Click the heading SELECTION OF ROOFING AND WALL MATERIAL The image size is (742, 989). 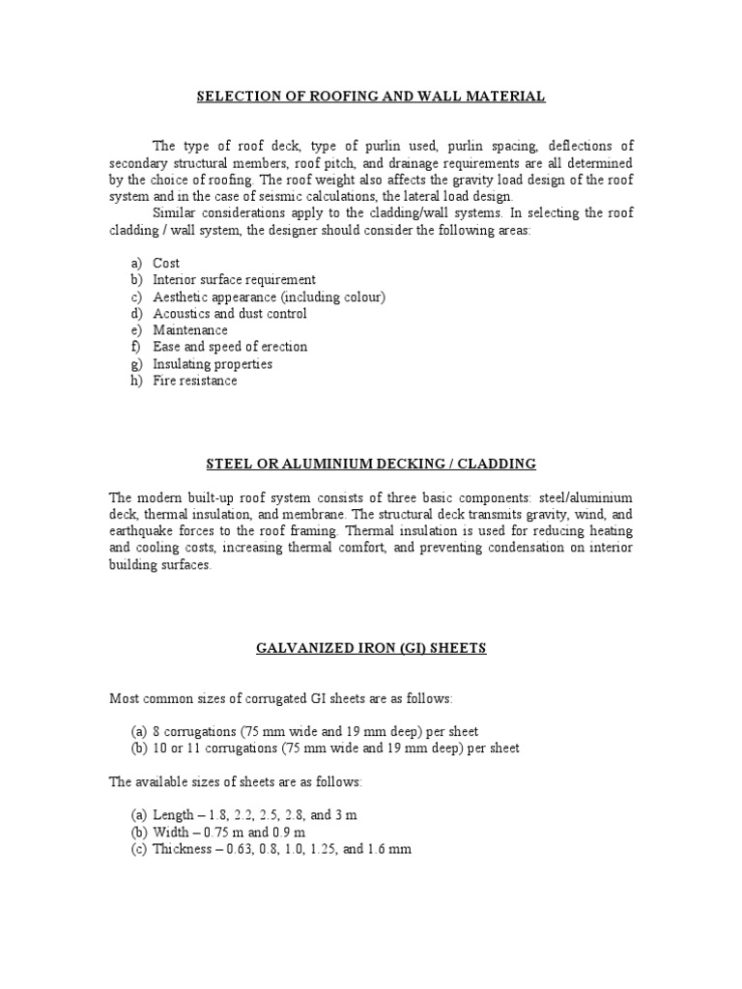[371, 97]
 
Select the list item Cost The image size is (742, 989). [166, 263]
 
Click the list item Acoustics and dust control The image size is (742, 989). [230, 314]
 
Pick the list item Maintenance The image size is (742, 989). [190, 330]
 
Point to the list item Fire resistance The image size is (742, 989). [194, 381]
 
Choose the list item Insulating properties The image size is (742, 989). [213, 364]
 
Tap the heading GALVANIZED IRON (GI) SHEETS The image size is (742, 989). [371, 648]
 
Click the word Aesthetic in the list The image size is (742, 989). [181, 297]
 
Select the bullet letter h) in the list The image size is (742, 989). [135, 381]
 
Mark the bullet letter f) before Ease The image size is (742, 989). [134, 347]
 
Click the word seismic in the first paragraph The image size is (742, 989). [249, 196]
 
